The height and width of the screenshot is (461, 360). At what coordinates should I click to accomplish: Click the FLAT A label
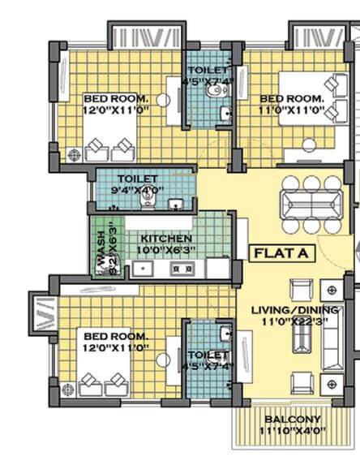(281, 253)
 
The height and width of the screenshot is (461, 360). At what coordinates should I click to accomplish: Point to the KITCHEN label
(166, 239)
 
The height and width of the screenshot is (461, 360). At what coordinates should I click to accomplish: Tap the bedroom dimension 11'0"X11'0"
(291, 108)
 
